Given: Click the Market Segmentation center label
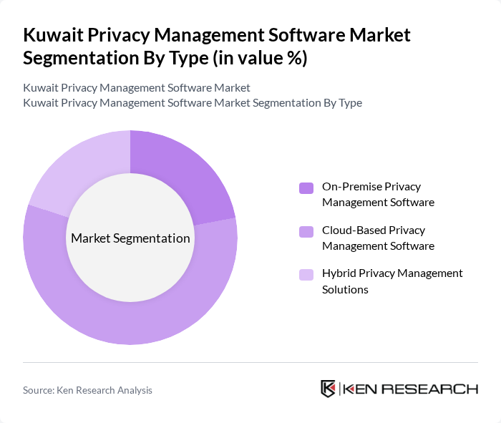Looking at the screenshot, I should [130, 238].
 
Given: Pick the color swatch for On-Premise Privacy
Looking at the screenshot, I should [306, 188].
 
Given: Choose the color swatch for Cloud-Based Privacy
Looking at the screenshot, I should [306, 231].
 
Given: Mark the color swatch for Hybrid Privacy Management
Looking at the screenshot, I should [306, 274].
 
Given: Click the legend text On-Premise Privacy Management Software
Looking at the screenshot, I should [378, 194].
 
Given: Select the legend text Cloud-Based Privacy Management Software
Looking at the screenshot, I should [378, 238].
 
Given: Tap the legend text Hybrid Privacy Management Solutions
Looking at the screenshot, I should [392, 281].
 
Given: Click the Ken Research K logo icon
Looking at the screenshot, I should [328, 389].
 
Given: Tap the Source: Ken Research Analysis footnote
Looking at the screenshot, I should [87, 390].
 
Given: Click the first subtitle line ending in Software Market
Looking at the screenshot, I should [137, 88].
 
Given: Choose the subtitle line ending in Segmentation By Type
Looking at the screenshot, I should [192, 102].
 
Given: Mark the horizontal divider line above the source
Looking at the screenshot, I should [250, 362].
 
